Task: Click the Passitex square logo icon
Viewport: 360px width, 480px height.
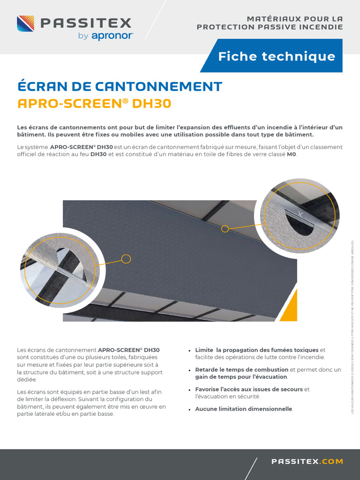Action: pyautogui.click(x=26, y=23)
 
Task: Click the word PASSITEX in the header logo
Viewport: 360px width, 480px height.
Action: pyautogui.click(x=86, y=23)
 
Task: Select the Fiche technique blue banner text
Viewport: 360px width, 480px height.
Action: pyautogui.click(x=277, y=57)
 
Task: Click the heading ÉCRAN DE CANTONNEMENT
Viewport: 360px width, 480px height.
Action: pyautogui.click(x=120, y=86)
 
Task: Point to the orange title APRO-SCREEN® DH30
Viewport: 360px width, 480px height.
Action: pyautogui.click(x=94, y=104)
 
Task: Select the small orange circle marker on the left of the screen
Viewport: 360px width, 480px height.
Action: pyautogui.click(x=126, y=258)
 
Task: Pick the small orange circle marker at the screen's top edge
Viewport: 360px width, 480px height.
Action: pyautogui.click(x=225, y=229)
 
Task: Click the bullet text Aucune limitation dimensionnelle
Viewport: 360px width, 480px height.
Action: pyautogui.click(x=244, y=409)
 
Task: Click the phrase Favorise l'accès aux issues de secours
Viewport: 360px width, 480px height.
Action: pyautogui.click(x=249, y=389)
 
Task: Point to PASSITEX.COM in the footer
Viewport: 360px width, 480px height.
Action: pyautogui.click(x=307, y=462)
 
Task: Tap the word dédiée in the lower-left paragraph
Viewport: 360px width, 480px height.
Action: pyautogui.click(x=27, y=379)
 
